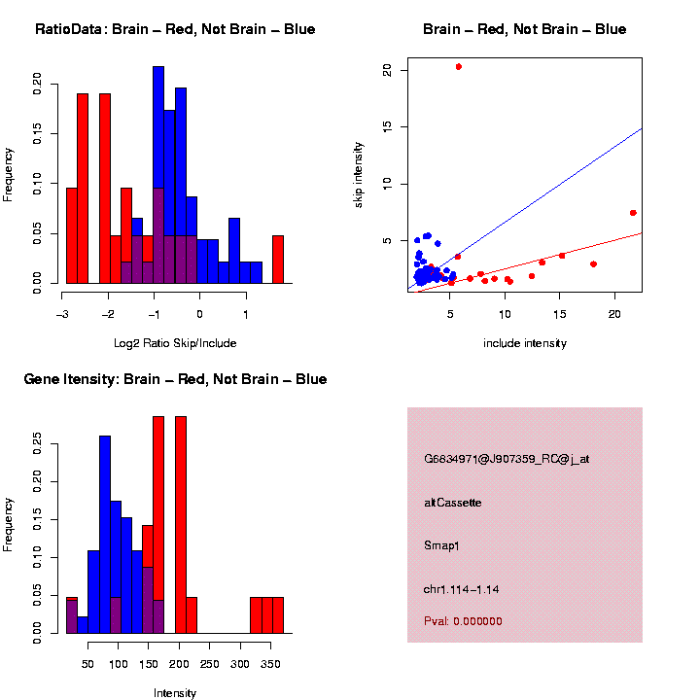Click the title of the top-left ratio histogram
pyautogui.click(x=175, y=29)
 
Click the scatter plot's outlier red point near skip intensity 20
pyautogui.click(x=458, y=66)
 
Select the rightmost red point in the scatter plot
pyautogui.click(x=633, y=213)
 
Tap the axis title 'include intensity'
pyautogui.click(x=524, y=343)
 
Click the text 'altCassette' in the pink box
pyautogui.click(x=453, y=503)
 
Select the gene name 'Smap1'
pyautogui.click(x=441, y=545)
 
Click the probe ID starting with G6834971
pyautogui.click(x=507, y=459)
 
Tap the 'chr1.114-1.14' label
pyautogui.click(x=463, y=589)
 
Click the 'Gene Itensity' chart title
pyautogui.click(x=175, y=379)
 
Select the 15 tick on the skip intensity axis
pyautogui.click(x=387, y=126)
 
